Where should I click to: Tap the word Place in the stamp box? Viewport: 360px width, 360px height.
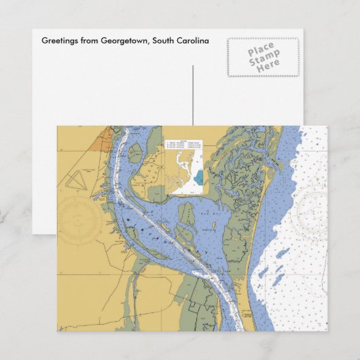coord(261,50)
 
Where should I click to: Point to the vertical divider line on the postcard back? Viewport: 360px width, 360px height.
coord(193,95)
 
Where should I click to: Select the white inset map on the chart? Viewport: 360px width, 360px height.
coord(185,167)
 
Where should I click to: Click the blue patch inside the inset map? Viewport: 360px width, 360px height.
coord(198,177)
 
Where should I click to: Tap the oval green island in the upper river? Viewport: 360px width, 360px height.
coord(135,154)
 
